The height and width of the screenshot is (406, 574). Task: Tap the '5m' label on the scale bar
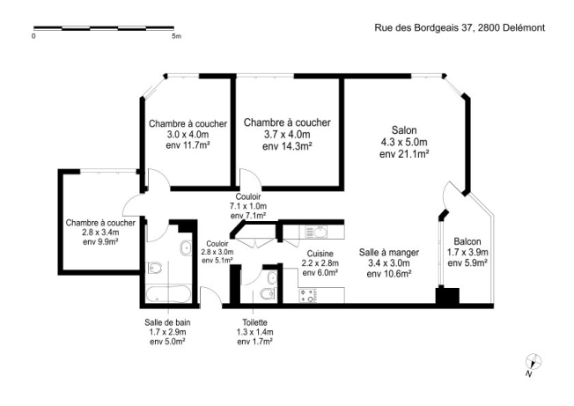[176, 38]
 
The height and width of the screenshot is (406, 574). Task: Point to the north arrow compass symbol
[532, 361]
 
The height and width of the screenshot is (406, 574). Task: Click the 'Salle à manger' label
[388, 252]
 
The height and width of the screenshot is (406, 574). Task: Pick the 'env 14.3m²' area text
[287, 147]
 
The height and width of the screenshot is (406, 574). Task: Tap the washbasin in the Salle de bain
[184, 250]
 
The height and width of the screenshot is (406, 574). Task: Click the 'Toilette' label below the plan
[254, 323]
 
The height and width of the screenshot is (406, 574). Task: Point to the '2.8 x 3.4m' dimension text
[99, 232]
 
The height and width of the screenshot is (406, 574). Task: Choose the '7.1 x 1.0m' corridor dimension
[247, 206]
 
